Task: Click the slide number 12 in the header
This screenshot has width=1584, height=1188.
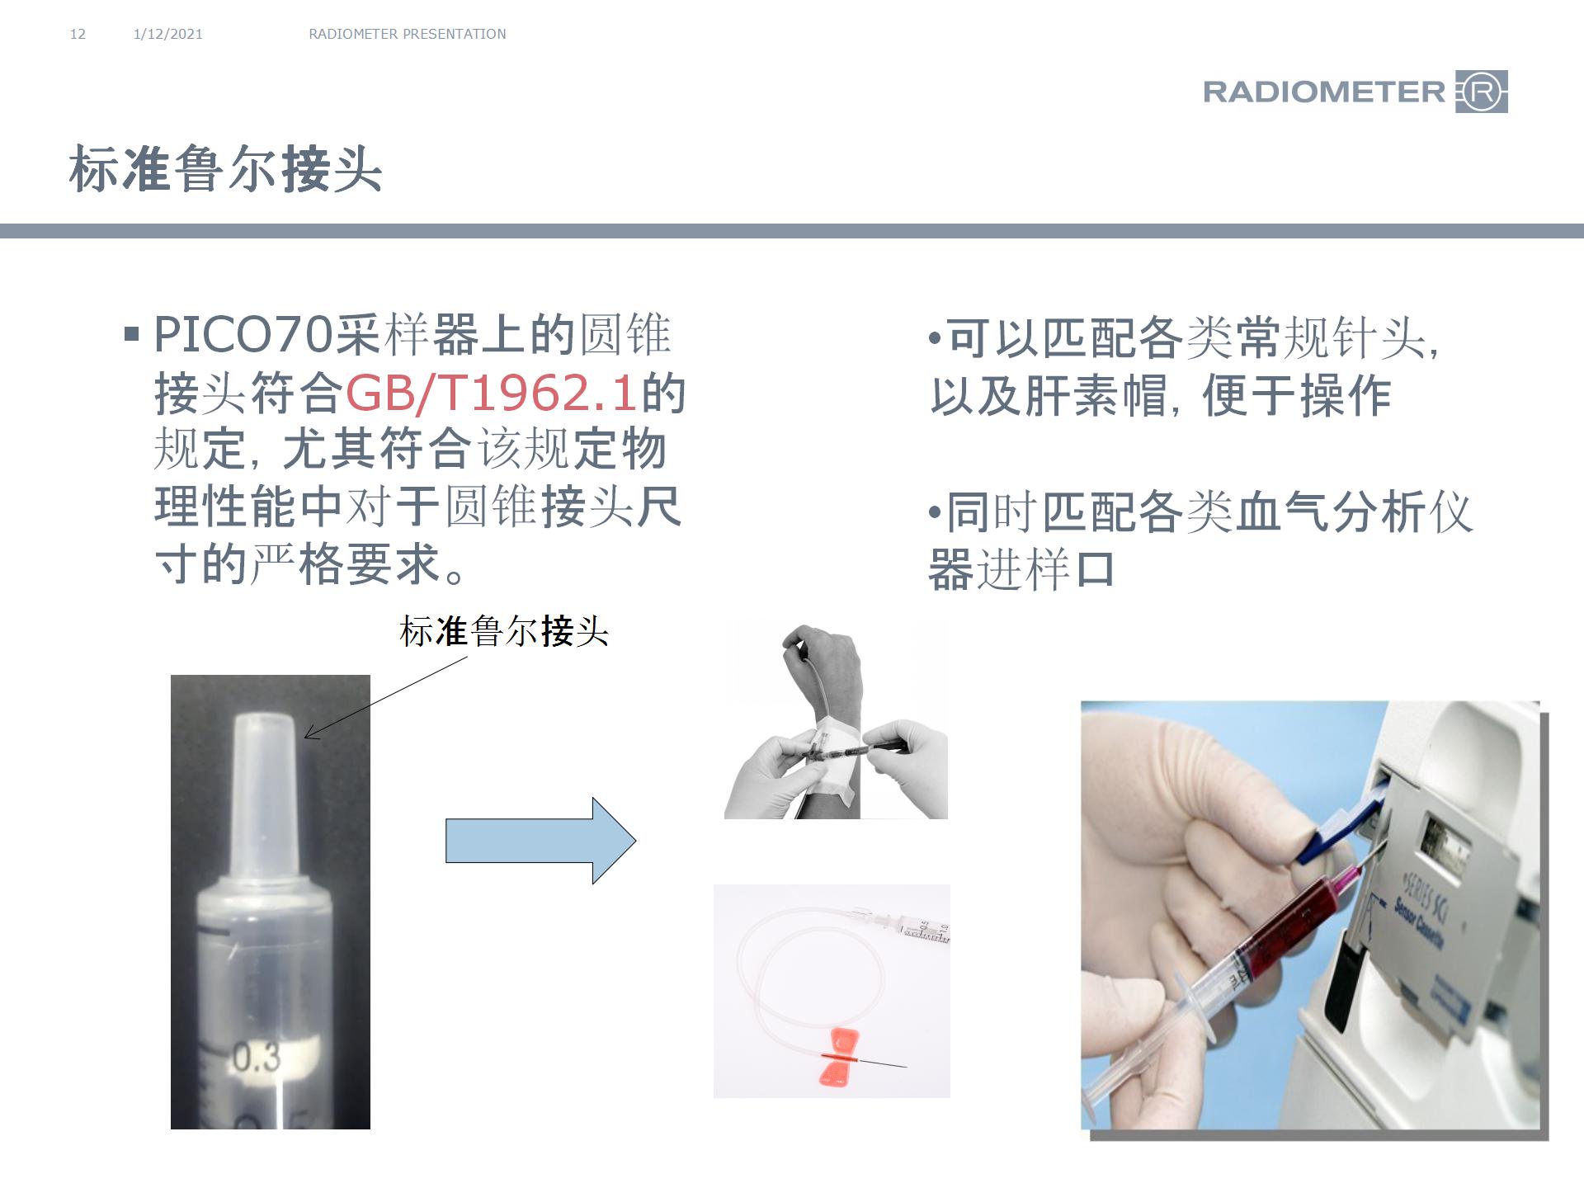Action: tap(78, 34)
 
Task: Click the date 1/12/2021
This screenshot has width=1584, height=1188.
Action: tap(167, 34)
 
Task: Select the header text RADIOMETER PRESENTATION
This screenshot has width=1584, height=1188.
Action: tap(407, 34)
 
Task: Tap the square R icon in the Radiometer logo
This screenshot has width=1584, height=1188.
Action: tap(1483, 92)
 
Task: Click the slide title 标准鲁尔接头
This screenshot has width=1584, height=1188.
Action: tap(225, 170)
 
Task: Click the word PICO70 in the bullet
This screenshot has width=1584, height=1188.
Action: tap(243, 335)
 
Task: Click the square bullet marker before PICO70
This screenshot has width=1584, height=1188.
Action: tap(131, 335)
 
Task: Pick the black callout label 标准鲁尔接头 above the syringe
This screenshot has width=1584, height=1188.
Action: tap(503, 632)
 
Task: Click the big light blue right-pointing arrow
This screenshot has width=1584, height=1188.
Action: tap(540, 841)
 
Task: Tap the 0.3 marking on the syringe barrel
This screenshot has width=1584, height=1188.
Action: tap(257, 1058)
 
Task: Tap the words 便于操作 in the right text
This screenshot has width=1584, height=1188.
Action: tap(1296, 396)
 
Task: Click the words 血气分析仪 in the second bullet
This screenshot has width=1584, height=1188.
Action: tap(1353, 512)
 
